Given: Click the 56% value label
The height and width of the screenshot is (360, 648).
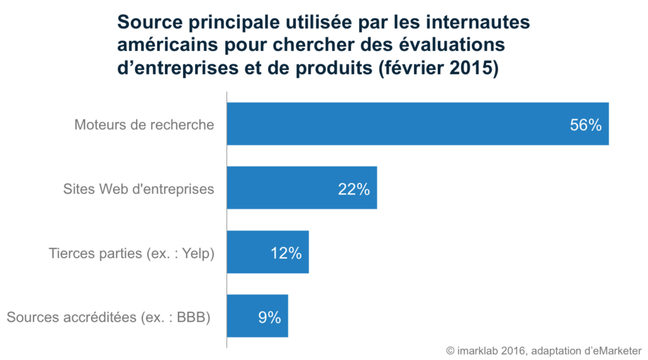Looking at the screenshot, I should [586, 125].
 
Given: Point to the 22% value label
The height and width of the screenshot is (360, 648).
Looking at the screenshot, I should [354, 189].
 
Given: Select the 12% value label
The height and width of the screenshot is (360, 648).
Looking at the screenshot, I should [286, 253].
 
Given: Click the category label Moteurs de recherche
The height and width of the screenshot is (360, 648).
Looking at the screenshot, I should [144, 125].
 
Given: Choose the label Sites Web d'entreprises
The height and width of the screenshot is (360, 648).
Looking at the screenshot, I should [138, 189].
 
